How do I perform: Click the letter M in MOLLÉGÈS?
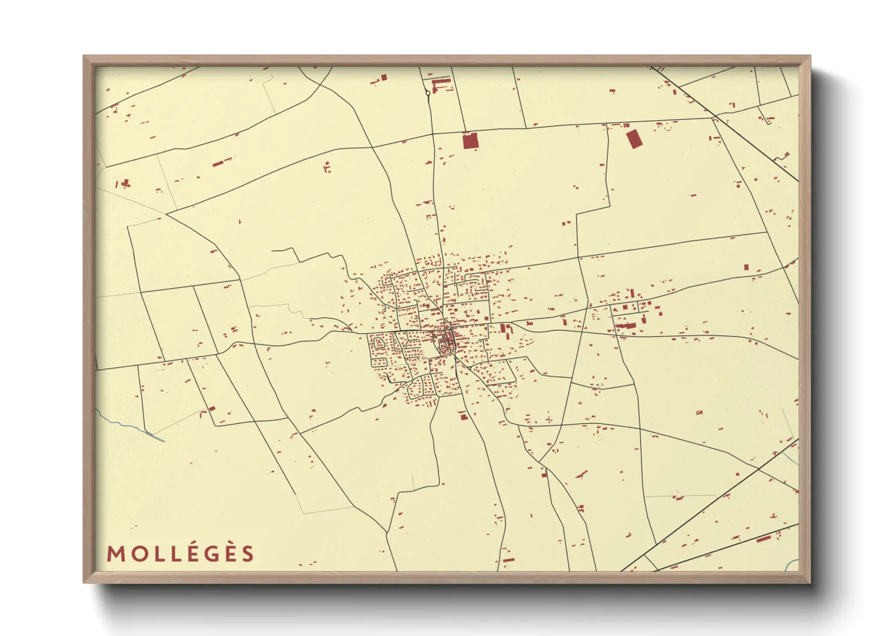(x=116, y=554)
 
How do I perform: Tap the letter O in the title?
(x=136, y=554)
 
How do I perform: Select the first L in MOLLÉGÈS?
(x=156, y=554)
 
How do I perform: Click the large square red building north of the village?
(x=470, y=141)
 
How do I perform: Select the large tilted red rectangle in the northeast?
(x=634, y=139)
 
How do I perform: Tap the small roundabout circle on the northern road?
(x=428, y=93)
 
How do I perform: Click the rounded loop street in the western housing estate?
(x=378, y=343)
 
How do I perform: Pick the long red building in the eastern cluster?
(x=625, y=326)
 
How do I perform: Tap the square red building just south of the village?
(x=464, y=416)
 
